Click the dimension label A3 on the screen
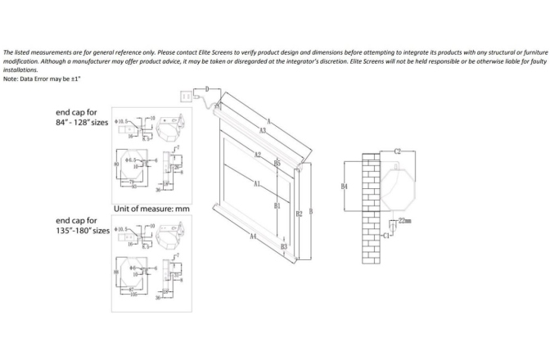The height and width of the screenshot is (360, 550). pyautogui.click(x=262, y=130)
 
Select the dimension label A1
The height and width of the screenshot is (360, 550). pyautogui.click(x=256, y=184)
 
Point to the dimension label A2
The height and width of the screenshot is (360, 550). pyautogui.click(x=257, y=155)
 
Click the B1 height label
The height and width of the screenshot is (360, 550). pyautogui.click(x=277, y=205)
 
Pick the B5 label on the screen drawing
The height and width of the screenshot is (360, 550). pyautogui.click(x=277, y=164)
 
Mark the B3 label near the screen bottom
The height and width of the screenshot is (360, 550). pyautogui.click(x=283, y=245)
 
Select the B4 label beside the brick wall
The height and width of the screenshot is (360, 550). pyautogui.click(x=345, y=187)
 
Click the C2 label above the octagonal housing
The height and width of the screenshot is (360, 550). pyautogui.click(x=397, y=151)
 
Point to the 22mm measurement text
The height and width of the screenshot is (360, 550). pyautogui.click(x=404, y=221)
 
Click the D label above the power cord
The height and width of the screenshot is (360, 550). pyautogui.click(x=207, y=88)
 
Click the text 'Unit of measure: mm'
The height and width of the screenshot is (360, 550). pyautogui.click(x=152, y=209)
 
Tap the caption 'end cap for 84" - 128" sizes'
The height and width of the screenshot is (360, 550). pyautogui.click(x=80, y=116)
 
